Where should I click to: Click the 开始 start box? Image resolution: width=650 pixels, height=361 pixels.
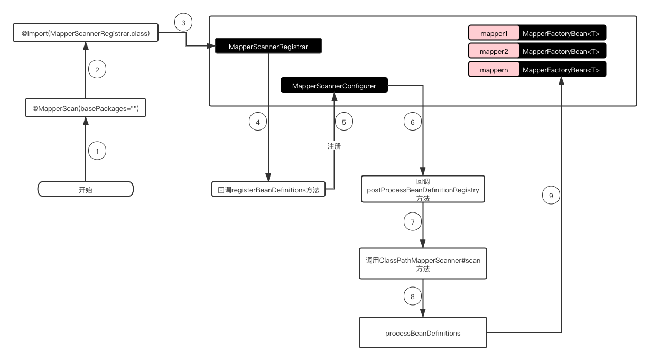click(86, 189)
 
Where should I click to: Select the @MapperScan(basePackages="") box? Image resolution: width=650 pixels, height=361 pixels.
click(86, 108)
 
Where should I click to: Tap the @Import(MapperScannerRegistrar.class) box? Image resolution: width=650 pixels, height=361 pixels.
click(86, 33)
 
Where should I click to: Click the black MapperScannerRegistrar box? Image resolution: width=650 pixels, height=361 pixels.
click(268, 46)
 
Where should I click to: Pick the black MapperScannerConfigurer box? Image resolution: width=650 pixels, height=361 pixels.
click(334, 85)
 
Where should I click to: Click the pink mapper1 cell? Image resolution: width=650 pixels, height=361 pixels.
click(494, 33)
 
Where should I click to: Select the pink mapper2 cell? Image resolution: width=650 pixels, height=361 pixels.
click(494, 51)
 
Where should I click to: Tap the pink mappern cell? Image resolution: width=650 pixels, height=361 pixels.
click(494, 69)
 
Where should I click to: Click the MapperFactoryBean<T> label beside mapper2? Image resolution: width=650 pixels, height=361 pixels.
click(561, 51)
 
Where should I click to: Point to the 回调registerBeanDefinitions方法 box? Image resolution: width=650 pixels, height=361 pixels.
click(268, 189)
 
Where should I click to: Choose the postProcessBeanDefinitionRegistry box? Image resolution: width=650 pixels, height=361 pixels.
click(423, 189)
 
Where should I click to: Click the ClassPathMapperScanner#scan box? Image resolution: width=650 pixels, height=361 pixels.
click(423, 264)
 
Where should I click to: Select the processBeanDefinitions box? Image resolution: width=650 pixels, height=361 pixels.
click(423, 332)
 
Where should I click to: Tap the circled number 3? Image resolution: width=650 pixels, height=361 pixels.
click(183, 22)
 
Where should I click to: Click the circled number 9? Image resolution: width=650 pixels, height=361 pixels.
click(551, 196)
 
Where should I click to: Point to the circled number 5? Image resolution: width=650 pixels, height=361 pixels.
click(344, 122)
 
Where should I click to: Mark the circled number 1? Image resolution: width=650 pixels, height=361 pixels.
click(97, 151)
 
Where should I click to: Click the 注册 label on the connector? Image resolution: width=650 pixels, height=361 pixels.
click(334, 146)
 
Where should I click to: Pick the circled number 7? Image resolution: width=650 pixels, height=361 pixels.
click(412, 221)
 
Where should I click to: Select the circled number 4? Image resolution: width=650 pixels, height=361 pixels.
click(258, 122)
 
